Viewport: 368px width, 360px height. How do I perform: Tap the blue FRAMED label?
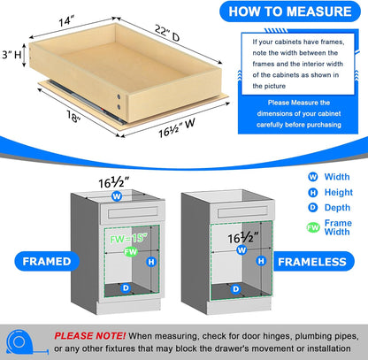point(41,263)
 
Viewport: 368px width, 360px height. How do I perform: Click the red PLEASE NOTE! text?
point(89,336)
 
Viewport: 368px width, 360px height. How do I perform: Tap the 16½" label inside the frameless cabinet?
point(242,237)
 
